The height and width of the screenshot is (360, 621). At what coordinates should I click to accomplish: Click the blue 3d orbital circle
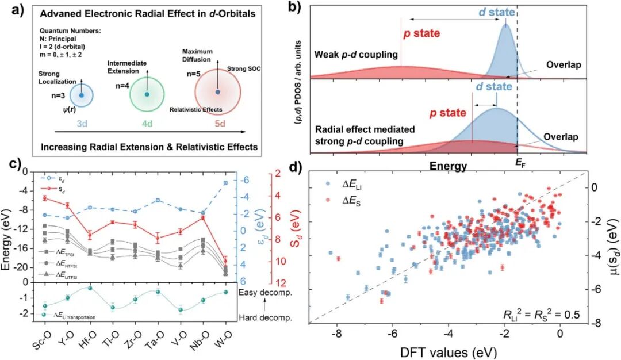[82, 95]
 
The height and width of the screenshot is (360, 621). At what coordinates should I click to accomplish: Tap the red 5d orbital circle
[217, 91]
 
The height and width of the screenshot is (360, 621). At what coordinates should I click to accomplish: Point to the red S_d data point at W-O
[241, 260]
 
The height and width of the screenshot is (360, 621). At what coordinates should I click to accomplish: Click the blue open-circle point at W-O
[241, 183]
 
